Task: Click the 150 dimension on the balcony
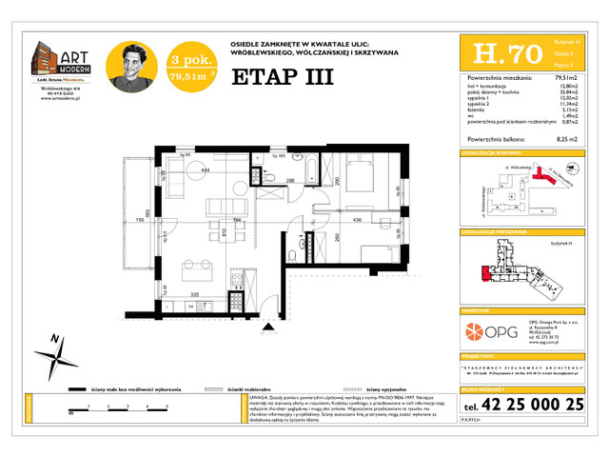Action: point(139,220)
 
